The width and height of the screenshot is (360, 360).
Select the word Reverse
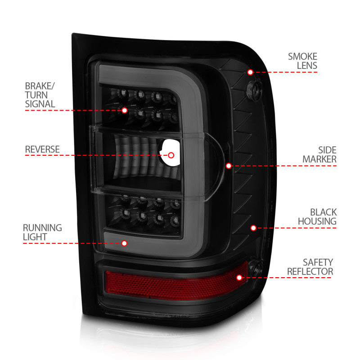[42, 149]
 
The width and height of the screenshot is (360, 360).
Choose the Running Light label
[43, 232]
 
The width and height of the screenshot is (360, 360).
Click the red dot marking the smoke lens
[250, 72]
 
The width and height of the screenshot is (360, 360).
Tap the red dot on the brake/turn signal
[124, 110]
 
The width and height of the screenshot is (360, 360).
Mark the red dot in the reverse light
[171, 155]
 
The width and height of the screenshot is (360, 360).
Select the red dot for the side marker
[229, 166]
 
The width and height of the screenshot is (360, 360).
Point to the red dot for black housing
[253, 228]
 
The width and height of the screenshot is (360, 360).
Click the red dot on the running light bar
[124, 243]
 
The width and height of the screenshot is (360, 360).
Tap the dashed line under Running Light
[72, 243]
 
